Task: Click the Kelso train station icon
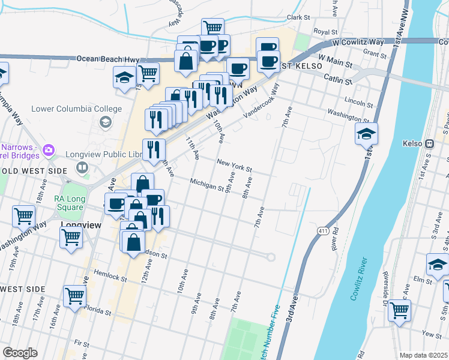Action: [430, 144]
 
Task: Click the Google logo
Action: [20, 353]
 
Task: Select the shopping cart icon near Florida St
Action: [74, 295]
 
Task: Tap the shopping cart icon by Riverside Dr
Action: [399, 310]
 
